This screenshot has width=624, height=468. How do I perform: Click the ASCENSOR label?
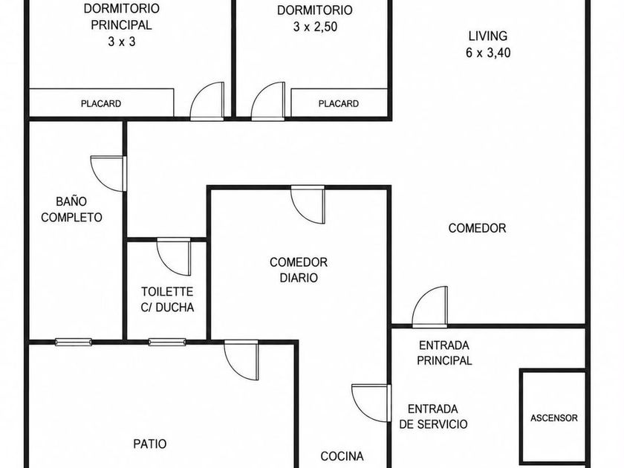point(553,417)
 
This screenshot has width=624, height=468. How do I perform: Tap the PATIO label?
point(149,443)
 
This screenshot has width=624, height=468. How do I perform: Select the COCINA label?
point(342,456)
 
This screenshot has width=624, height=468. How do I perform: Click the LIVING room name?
point(488,36)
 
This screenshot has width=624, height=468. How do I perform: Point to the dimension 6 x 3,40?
point(488,53)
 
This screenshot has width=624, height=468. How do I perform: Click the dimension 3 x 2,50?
point(315,27)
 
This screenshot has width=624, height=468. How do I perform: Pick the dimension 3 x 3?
point(122,42)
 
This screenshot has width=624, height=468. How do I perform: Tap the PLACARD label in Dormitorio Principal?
point(101,104)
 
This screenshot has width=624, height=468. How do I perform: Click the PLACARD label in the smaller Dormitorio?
point(338,104)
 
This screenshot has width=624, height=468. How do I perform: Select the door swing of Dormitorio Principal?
point(207,101)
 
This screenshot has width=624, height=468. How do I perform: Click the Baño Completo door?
point(108,174)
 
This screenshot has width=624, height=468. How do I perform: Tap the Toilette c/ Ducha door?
point(174,257)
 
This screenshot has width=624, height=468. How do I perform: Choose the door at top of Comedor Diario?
point(308,204)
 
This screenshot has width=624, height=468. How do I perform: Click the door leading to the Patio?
point(241,360)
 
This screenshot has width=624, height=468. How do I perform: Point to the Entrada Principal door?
point(430,307)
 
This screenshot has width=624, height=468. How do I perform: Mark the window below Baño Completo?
point(74,342)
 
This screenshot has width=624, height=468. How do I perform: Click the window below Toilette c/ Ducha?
point(167,342)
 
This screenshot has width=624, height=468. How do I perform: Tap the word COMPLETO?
point(71,217)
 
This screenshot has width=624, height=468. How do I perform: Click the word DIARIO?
point(299,277)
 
